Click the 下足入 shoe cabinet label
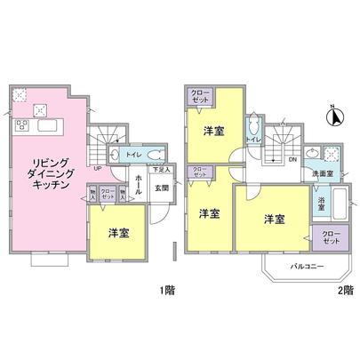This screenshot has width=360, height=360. [x=159, y=168]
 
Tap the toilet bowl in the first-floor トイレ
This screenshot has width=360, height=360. [x=154, y=152]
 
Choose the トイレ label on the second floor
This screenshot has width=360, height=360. [x=252, y=140]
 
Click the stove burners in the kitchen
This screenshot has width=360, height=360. [x=39, y=109]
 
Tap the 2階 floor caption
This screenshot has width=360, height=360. [x=345, y=291]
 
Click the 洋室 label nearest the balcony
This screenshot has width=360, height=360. [x=273, y=218]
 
